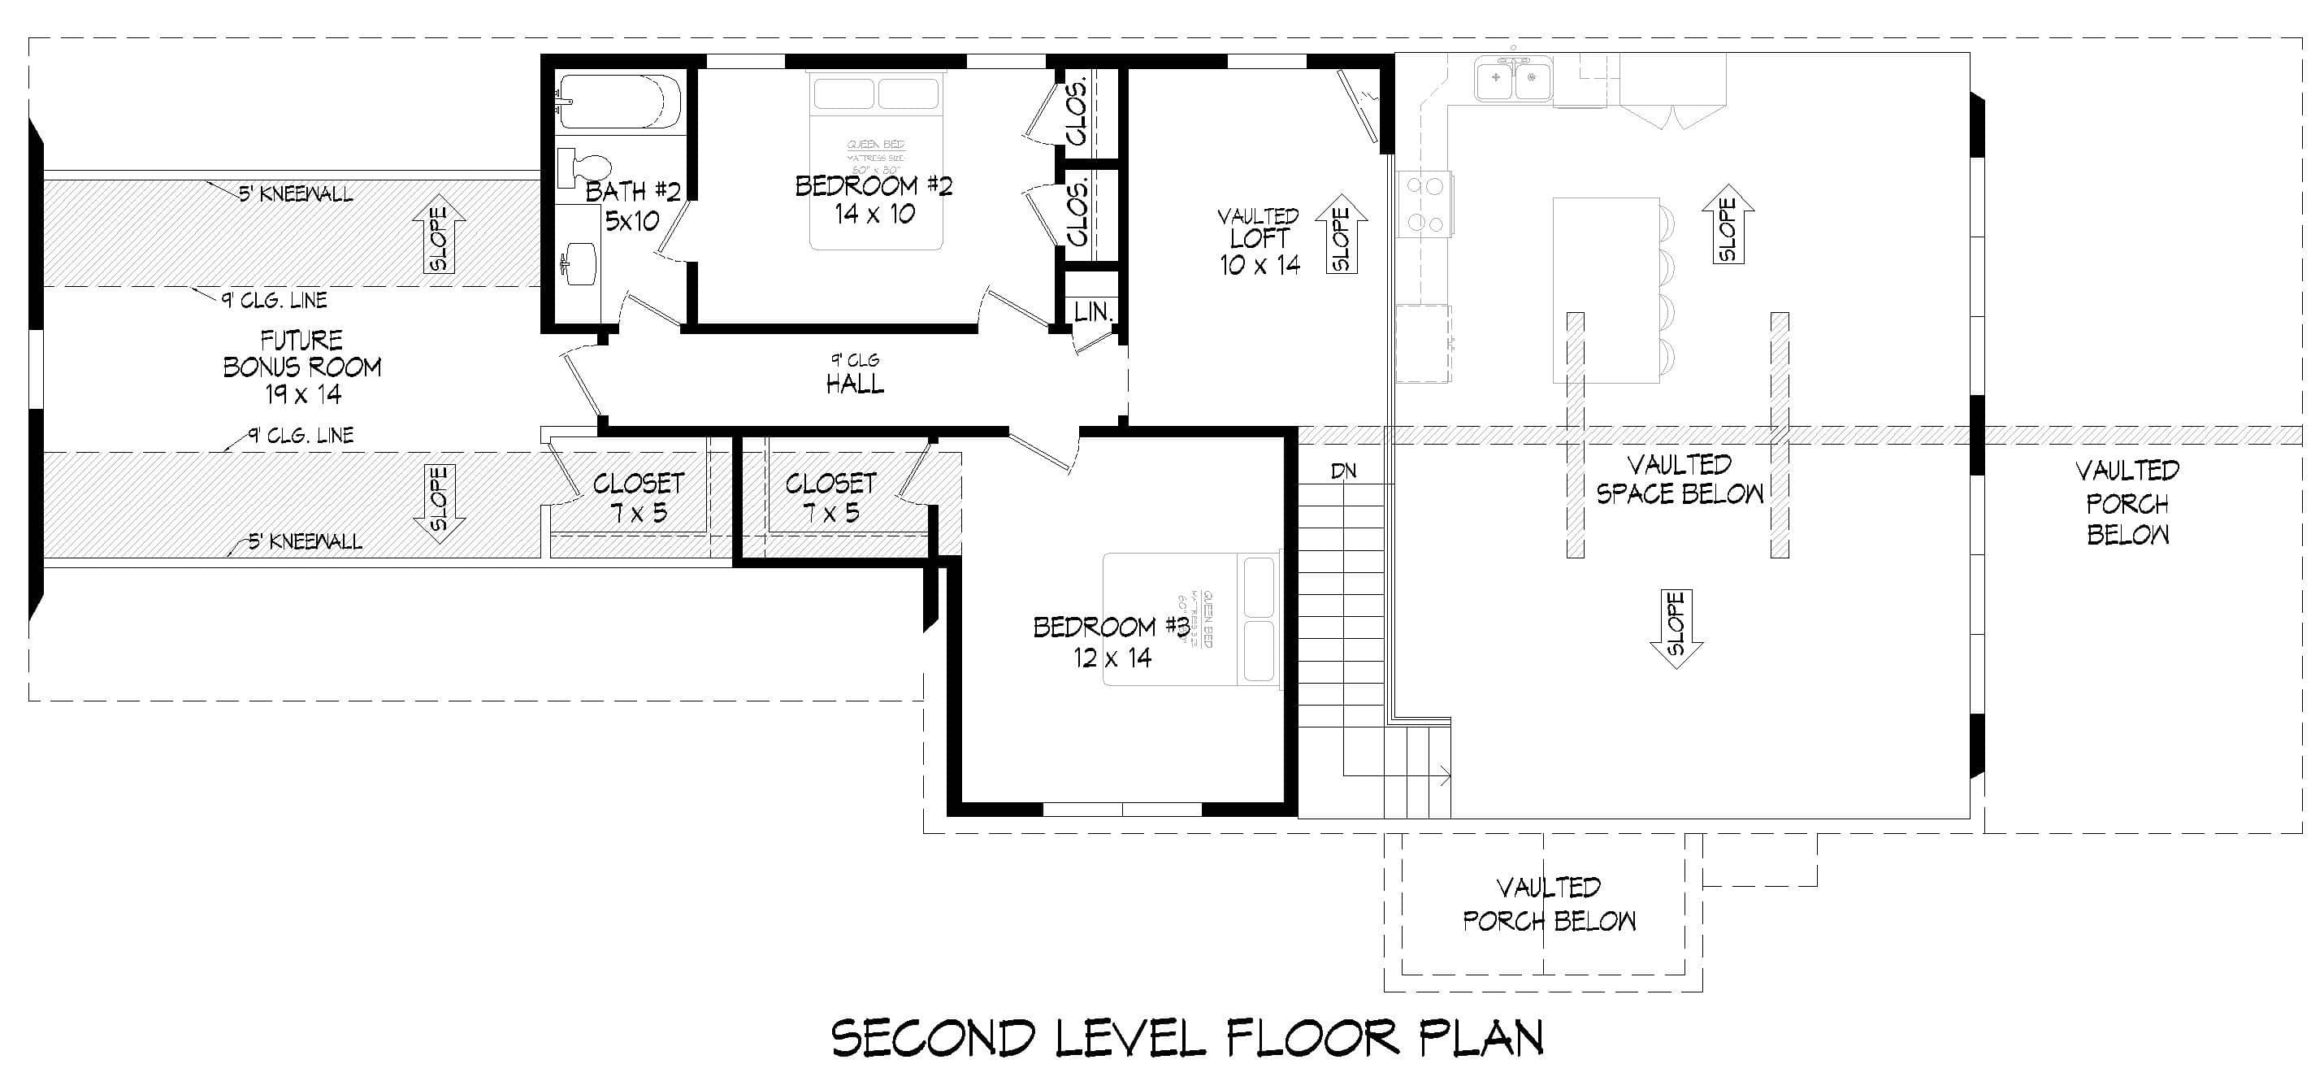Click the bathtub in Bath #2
pyautogui.click(x=619, y=102)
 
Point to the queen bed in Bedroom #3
pyautogui.click(x=1190, y=619)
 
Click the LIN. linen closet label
pyautogui.click(x=1093, y=312)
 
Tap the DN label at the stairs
pyautogui.click(x=1343, y=471)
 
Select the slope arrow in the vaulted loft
pyautogui.click(x=1342, y=233)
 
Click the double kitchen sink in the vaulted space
pyautogui.click(x=1515, y=77)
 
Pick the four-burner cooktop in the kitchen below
pyautogui.click(x=1425, y=205)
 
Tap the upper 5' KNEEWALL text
pyautogui.click(x=295, y=193)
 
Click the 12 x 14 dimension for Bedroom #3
pyautogui.click(x=1112, y=658)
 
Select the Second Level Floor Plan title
pyautogui.click(x=1187, y=1039)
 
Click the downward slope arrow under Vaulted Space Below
pyautogui.click(x=1676, y=628)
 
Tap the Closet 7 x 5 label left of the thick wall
pyautogui.click(x=638, y=497)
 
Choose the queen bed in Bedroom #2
pyautogui.click(x=876, y=159)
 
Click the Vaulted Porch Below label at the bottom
pyautogui.click(x=1550, y=905)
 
